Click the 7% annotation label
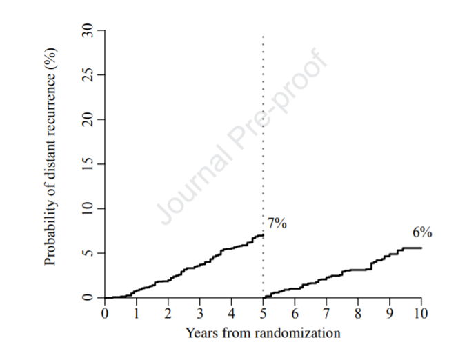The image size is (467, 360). (277, 223)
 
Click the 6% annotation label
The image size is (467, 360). (422, 232)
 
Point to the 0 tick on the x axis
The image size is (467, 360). (105, 313)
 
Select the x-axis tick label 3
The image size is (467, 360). (200, 313)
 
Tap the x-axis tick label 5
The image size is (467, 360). (263, 313)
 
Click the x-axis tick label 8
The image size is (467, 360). (358, 313)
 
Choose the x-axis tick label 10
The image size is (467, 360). (421, 313)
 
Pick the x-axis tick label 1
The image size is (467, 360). (137, 313)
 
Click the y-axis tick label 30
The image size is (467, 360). (88, 30)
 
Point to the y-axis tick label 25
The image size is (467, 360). (88, 75)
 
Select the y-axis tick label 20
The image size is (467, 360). (88, 119)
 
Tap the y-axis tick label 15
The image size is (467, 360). (88, 164)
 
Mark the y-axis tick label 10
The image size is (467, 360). (88, 209)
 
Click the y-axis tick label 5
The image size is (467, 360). (88, 253)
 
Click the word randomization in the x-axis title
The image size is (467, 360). (297, 333)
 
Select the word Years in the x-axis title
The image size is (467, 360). (203, 333)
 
